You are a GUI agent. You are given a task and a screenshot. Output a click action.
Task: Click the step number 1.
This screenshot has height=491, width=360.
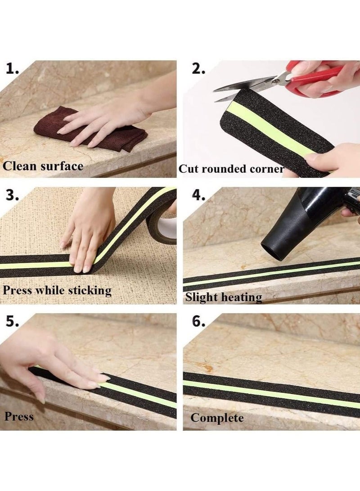coord(12,69)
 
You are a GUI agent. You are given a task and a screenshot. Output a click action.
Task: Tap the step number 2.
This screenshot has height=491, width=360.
coord(198,69)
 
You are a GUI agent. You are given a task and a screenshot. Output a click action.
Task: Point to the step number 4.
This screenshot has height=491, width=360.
coord(198,196)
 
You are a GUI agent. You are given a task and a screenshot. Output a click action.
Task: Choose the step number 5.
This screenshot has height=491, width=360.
coord(12,322)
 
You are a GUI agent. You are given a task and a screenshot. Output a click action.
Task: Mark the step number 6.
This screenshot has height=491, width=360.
coord(198,322)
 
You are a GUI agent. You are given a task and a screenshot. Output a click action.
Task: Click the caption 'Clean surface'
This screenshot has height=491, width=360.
coord(43,166)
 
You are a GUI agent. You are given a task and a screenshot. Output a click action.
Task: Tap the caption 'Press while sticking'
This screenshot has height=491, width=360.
coord(57,290)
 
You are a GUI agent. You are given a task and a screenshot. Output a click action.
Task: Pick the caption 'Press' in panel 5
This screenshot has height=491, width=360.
coord(19,416)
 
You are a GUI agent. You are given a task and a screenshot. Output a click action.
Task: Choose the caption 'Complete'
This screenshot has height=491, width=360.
coord(217,418)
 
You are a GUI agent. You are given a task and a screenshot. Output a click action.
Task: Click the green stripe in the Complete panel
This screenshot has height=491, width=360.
coord(270,390)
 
